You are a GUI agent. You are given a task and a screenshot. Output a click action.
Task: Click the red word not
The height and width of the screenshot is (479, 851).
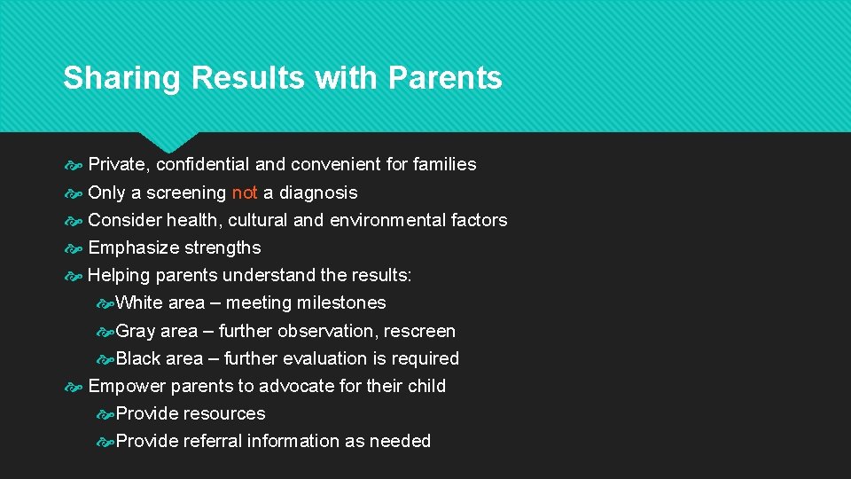coord(245,192)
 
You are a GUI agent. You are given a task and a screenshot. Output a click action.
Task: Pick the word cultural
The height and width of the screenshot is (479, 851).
coord(257,220)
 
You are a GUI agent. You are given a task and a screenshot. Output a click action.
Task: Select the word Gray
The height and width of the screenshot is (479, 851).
coord(136,331)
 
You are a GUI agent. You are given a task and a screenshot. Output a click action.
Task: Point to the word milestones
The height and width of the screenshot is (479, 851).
coord(341,302)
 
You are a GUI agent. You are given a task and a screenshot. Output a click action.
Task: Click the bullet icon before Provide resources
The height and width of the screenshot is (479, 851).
coord(105,414)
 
